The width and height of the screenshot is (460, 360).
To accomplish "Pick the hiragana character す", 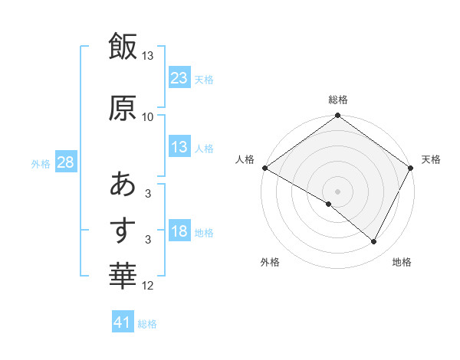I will click(123, 230).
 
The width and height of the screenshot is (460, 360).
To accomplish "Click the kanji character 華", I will click(123, 273).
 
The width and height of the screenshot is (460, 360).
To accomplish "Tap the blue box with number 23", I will click(179, 77).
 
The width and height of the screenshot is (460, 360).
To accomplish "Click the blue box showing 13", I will click(179, 147).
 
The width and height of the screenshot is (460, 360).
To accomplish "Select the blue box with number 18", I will click(179, 231).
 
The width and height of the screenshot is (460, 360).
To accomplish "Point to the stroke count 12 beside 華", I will click(148, 286).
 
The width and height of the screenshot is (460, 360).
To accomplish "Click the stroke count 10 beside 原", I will click(148, 116).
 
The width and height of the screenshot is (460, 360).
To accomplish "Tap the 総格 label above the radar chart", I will click(338, 100).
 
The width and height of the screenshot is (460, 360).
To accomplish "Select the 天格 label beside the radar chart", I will click(432, 159).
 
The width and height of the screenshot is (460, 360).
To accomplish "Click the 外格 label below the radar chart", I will click(270, 262).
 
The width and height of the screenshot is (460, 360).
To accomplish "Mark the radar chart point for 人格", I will click(264, 168).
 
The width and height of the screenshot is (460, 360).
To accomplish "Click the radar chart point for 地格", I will click(374, 241).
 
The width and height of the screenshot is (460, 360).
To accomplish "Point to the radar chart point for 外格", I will click(329, 204).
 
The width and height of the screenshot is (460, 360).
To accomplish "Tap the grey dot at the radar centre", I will click(337, 191).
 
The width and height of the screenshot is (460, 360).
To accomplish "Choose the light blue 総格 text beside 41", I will click(147, 323).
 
